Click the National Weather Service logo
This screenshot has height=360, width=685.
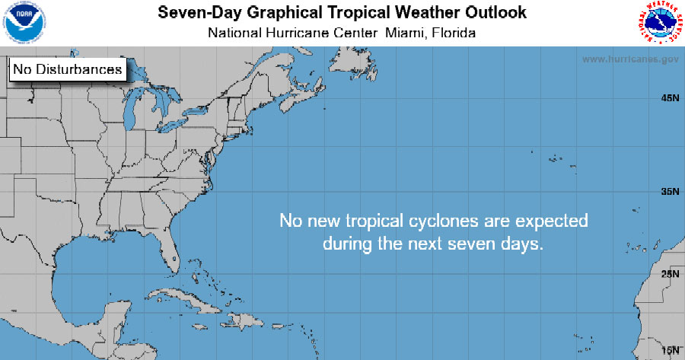[x=658, y=22]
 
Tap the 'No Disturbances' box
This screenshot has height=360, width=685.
[x=67, y=69]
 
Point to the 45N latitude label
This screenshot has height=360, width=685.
[x=670, y=98]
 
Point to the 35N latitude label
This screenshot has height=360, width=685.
[x=670, y=191]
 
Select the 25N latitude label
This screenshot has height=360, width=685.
[x=670, y=273]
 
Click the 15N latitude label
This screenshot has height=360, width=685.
[x=670, y=349]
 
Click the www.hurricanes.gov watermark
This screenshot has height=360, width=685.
[x=630, y=59]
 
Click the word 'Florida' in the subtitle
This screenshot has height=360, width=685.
[x=454, y=33]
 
